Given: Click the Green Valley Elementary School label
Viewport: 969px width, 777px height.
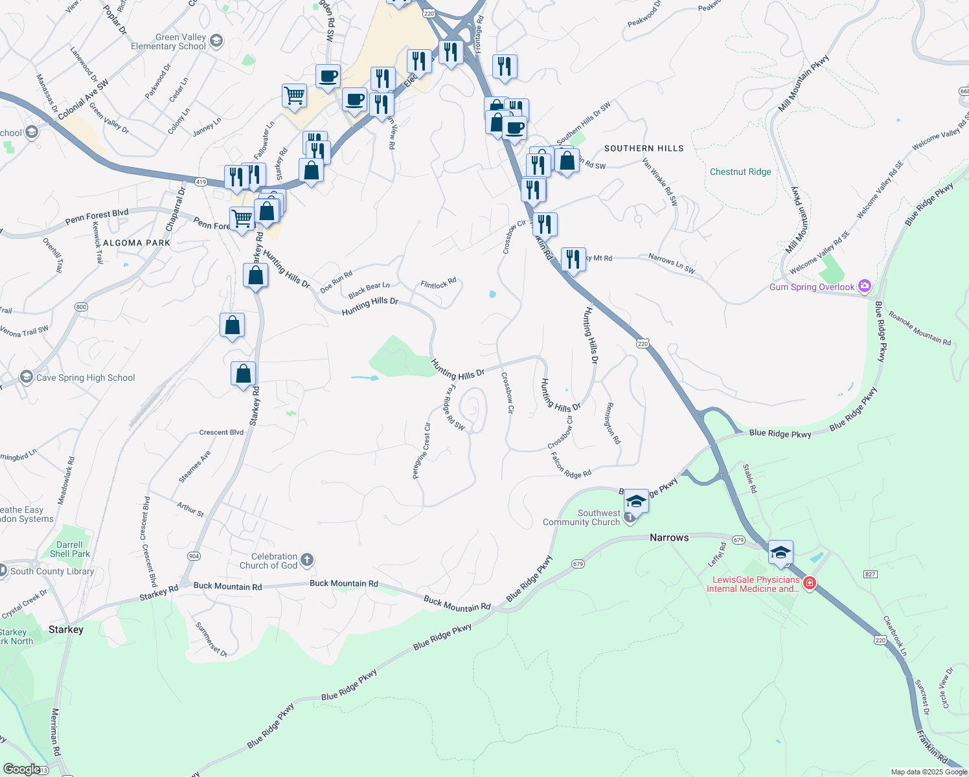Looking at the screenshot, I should (168, 42).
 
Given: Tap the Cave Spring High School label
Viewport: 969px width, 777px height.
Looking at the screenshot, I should (85, 377).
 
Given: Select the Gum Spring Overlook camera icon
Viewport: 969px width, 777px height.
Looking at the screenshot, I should (864, 286).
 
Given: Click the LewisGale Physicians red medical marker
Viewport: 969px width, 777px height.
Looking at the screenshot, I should (810, 583).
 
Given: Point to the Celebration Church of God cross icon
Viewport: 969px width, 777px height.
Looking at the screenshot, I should (307, 559).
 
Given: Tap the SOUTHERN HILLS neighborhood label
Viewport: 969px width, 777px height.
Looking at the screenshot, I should (644, 148).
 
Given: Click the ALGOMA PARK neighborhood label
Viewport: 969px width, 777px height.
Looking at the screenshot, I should (137, 243).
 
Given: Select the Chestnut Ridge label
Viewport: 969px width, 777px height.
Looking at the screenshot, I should (740, 172).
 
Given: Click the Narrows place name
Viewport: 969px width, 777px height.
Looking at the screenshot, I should (669, 537).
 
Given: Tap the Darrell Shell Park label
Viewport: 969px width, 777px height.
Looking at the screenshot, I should (69, 549).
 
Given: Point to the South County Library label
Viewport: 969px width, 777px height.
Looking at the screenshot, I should (52, 571).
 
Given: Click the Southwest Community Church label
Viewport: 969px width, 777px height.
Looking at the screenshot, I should (581, 517).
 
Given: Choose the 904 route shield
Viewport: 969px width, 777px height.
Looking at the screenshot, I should (194, 556).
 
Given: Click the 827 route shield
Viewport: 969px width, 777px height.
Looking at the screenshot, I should (871, 574).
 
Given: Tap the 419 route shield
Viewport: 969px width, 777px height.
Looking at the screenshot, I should (201, 182).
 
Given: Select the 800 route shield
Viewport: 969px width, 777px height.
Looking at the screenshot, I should (81, 307).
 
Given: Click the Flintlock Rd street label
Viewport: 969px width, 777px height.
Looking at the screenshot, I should (439, 284).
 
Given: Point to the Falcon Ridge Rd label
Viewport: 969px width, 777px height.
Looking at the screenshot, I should (571, 466).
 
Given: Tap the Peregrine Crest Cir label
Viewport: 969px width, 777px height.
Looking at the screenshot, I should (422, 451).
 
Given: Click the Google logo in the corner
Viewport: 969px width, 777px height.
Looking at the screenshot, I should (21, 769).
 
